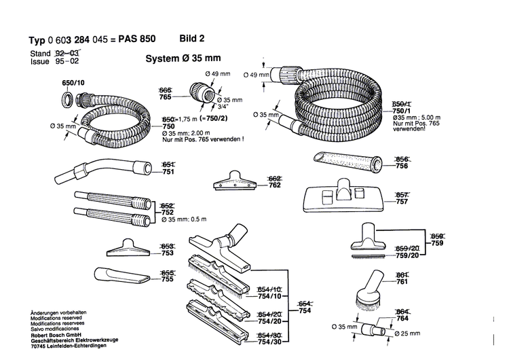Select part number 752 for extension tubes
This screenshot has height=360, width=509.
(x=167, y=212)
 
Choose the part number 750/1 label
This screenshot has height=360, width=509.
(x=401, y=110)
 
